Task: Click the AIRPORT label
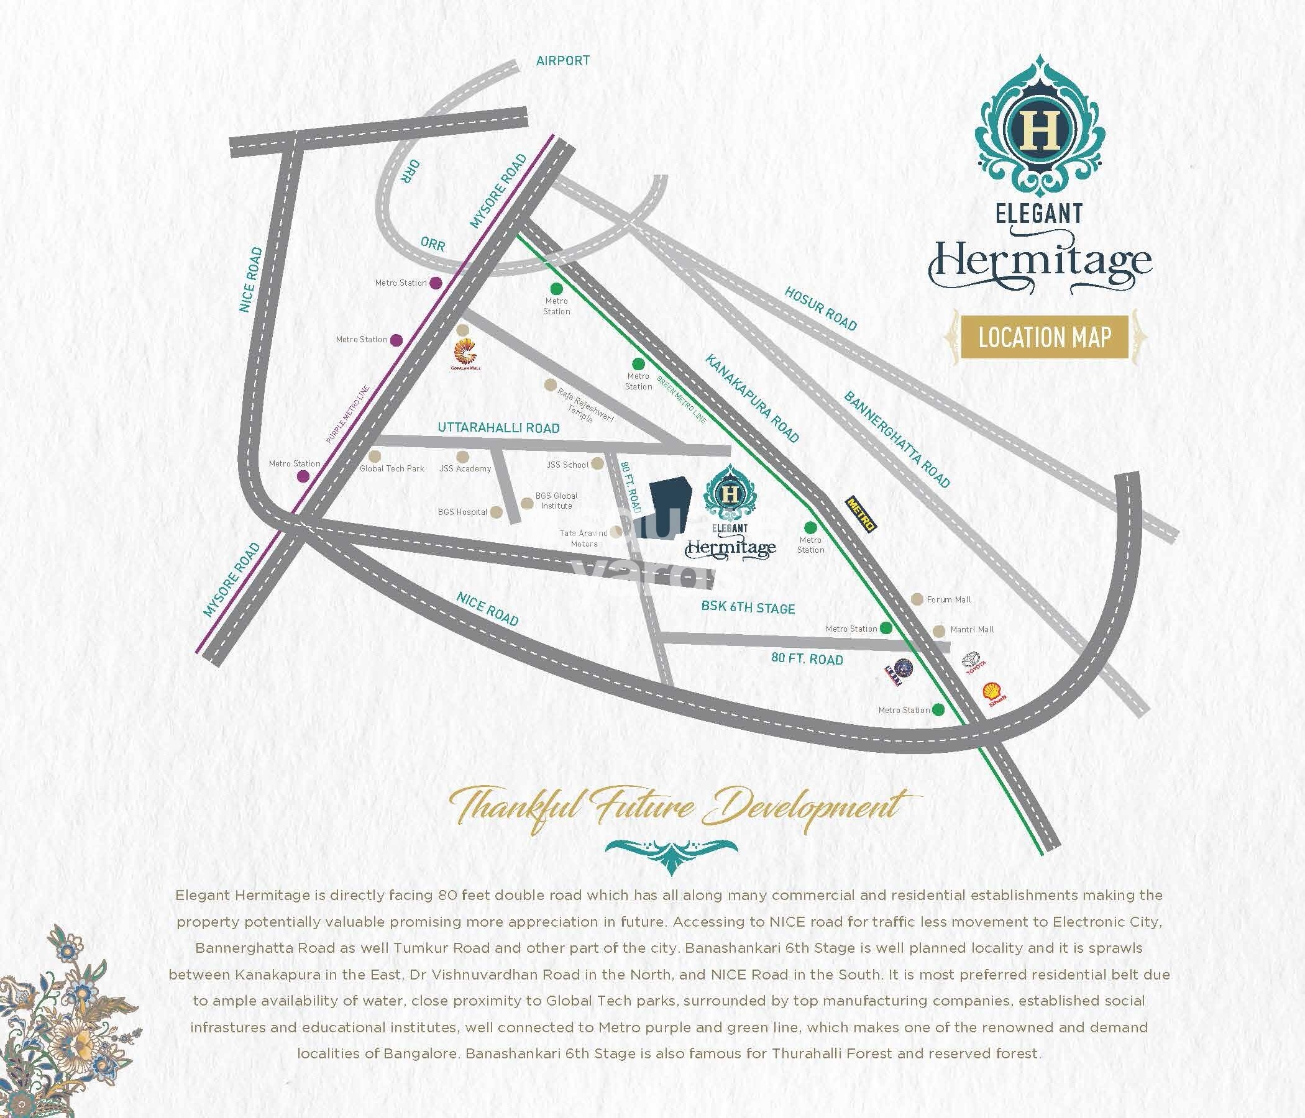pos(562,61)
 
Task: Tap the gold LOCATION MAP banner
pos(1044,337)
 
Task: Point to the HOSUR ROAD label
pos(821,309)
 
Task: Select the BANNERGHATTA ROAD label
pos(896,439)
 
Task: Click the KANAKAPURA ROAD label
pos(752,398)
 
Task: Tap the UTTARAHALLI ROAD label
pos(498,428)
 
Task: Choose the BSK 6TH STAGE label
pos(748,607)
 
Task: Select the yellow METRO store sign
pos(860,515)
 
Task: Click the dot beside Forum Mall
pos(917,599)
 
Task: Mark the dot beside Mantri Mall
pos(938,630)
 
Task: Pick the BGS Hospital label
pos(462,512)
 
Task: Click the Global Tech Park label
pos(391,469)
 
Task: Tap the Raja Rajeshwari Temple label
pos(584,405)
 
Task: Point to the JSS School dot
pos(597,464)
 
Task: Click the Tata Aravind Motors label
pos(584,539)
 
